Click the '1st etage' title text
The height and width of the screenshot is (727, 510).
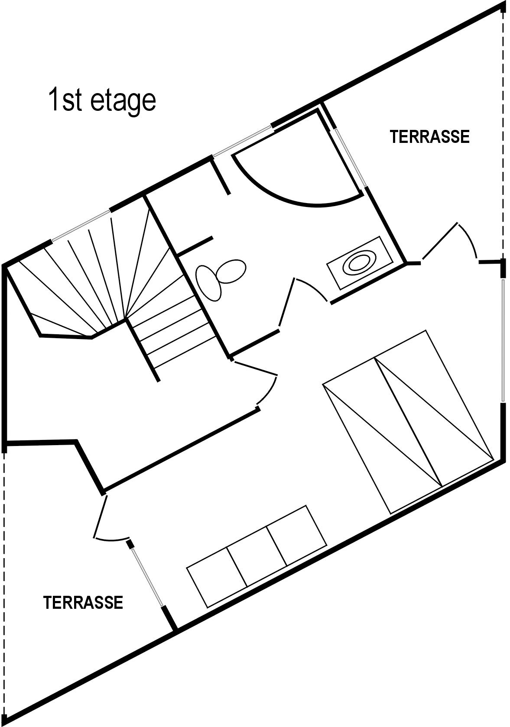click(102, 100)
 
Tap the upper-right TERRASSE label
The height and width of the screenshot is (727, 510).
click(429, 137)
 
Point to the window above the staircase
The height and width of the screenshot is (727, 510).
click(81, 226)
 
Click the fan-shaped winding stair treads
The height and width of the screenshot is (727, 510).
click(104, 276)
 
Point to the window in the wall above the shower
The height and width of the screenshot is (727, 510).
click(243, 141)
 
